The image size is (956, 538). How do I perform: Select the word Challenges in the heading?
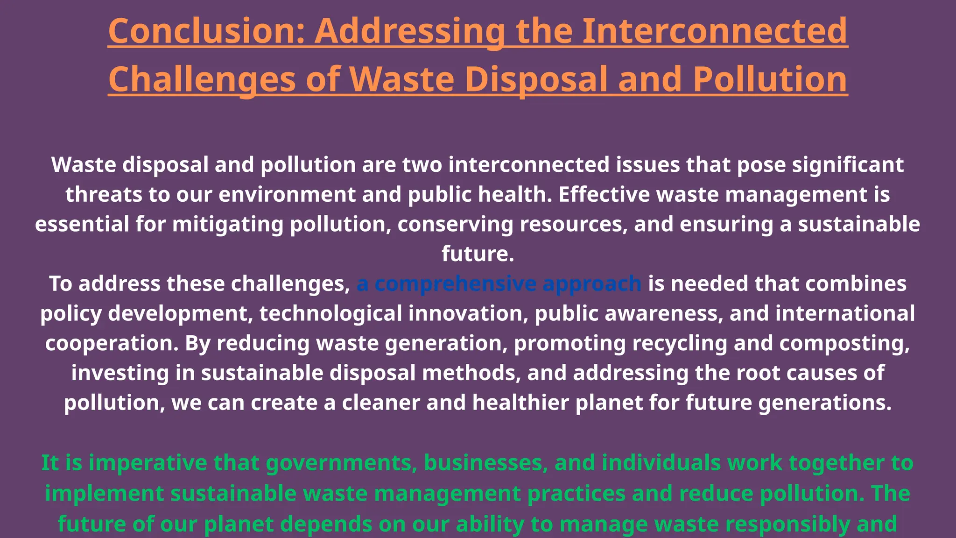click(x=202, y=79)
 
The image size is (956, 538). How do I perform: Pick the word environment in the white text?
click(x=287, y=195)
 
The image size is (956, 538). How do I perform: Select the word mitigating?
click(x=228, y=225)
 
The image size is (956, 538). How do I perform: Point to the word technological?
click(x=331, y=313)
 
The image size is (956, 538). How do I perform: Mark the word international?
click(x=845, y=313)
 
